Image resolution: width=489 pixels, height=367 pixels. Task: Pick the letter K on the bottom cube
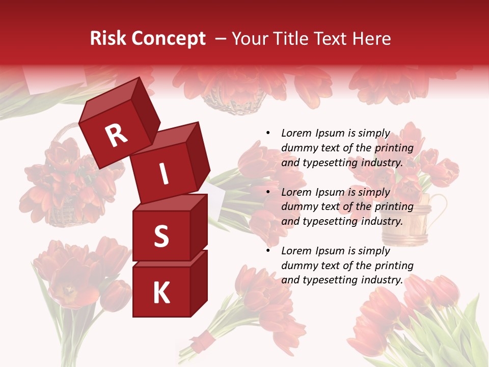click(161, 293)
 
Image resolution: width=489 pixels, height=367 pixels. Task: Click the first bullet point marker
click(268, 134)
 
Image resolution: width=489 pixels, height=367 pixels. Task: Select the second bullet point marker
click(268, 192)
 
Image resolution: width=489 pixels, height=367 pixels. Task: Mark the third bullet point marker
click(268, 251)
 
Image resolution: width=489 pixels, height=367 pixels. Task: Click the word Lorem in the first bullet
click(296, 134)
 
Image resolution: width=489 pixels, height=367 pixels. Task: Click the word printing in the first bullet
click(394, 148)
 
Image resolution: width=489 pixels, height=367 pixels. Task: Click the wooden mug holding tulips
click(402, 219)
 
